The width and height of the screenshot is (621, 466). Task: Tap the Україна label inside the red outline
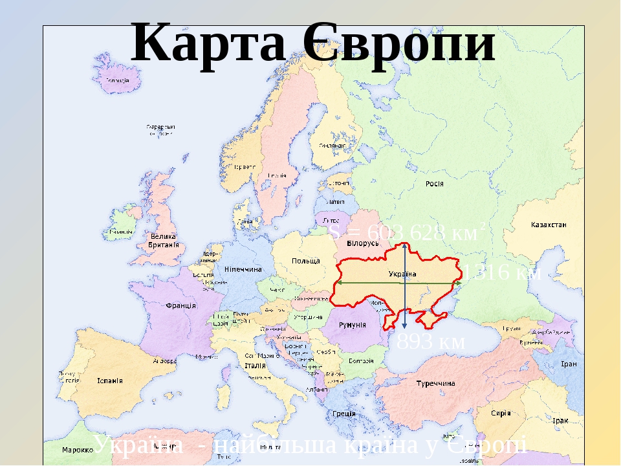coord(402,274)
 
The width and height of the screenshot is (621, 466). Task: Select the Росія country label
coord(434,184)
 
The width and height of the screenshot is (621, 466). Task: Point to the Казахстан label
coord(549,225)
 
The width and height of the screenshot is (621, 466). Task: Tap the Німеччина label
coord(243,269)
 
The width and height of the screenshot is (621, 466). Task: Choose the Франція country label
coord(181,305)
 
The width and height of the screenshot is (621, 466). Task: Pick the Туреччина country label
coord(434,384)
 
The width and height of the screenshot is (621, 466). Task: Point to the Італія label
coord(256,366)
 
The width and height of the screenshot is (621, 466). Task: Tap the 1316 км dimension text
coord(503,272)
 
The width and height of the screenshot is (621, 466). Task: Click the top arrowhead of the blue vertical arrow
coord(404,245)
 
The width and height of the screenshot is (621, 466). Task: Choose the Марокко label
coord(76,450)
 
